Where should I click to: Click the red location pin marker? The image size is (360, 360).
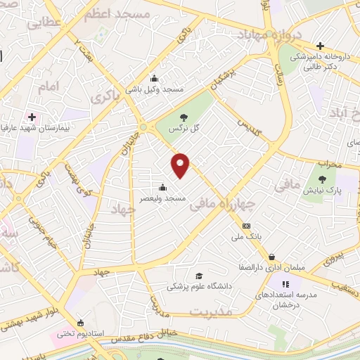tap(181, 165)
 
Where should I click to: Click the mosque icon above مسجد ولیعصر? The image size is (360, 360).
tap(163, 188)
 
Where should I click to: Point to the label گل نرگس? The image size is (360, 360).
tap(184, 129)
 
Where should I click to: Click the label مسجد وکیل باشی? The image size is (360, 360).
tap(154, 90)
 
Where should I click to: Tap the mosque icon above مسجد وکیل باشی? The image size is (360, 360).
tap(154, 79)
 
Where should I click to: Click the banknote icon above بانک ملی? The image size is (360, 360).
tap(246, 226)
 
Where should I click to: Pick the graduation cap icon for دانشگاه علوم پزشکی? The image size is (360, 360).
tap(199, 275)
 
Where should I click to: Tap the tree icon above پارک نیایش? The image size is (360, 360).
tap(324, 179)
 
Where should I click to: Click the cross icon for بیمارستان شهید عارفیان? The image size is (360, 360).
tap(32, 116)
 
